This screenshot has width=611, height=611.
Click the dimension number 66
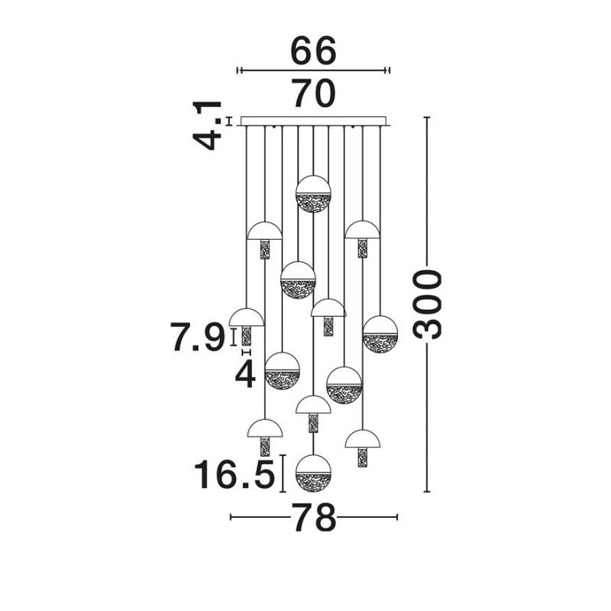[x=313, y=50]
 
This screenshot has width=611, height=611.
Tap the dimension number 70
[x=314, y=93]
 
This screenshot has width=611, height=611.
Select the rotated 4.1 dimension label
[x=207, y=125]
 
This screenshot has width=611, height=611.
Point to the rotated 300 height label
[x=428, y=304]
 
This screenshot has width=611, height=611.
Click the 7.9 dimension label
[x=198, y=338]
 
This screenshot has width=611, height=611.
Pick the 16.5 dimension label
[x=234, y=474]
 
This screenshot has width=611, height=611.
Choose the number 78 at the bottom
[x=313, y=518]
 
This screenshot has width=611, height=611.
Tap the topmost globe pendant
[x=313, y=194]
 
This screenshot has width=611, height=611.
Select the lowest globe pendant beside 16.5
[x=313, y=473]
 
